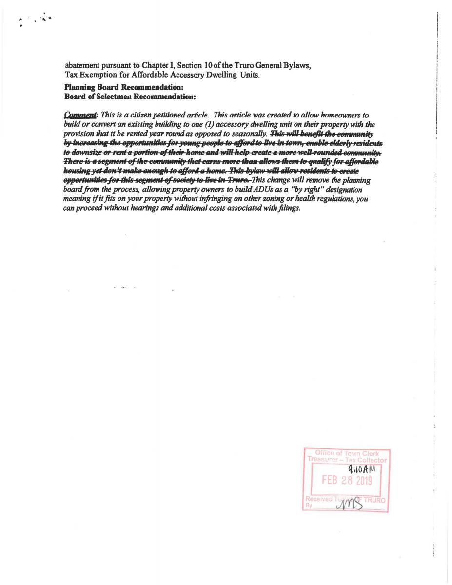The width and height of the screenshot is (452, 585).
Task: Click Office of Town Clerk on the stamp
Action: pyautogui.click(x=347, y=453)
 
